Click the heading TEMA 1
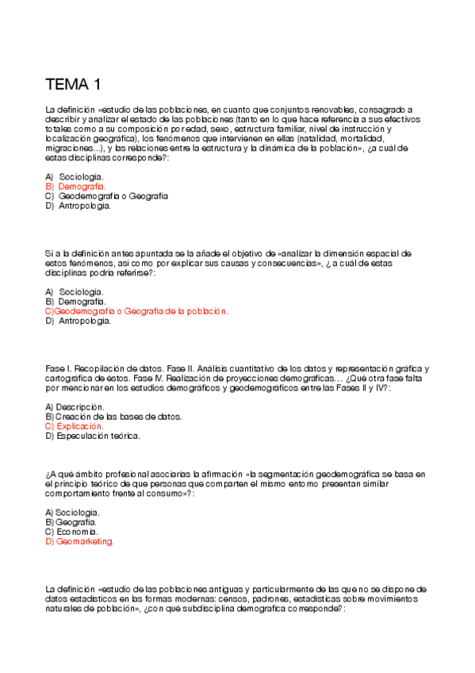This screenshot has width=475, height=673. point(73,85)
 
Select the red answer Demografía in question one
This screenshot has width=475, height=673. point(82,186)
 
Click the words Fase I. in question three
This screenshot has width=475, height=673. point(59,368)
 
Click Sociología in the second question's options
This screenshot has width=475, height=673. point(81,291)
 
